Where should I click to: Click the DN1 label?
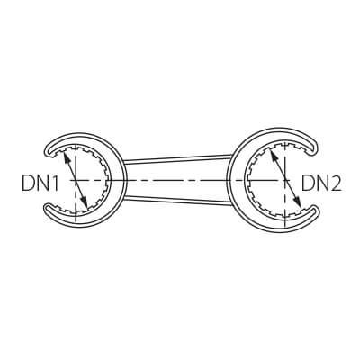40,184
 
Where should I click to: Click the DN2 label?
321,184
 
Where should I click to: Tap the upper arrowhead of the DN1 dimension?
67,157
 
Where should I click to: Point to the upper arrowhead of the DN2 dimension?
274,156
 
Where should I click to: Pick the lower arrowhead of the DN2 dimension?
297,202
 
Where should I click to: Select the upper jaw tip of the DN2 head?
314,146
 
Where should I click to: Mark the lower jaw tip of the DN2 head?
314,213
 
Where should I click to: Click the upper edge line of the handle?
177,157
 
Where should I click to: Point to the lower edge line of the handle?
177,201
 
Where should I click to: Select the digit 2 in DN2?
336,184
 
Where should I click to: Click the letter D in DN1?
28,184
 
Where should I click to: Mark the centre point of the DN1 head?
76,180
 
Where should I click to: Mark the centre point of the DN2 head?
285,180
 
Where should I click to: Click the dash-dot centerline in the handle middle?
177,180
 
